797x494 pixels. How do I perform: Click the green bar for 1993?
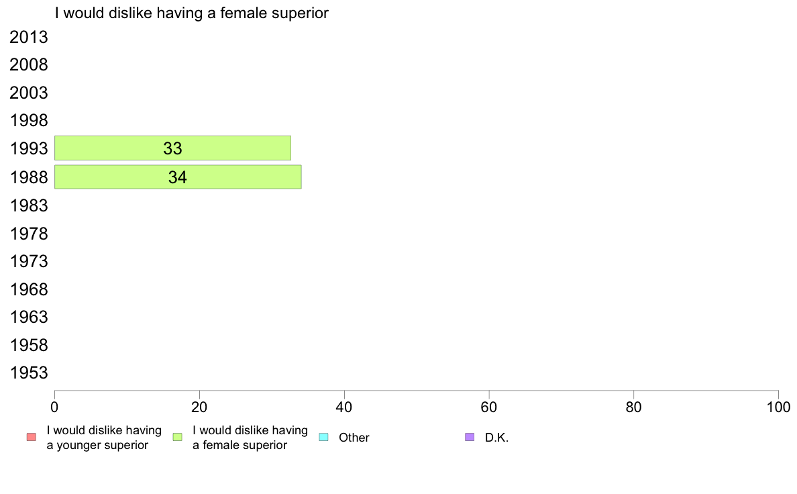(173, 148)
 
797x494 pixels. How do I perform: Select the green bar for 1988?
(178, 177)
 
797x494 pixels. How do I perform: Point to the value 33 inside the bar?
(173, 148)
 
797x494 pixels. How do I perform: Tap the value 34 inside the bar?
(178, 178)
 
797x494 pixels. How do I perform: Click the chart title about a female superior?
(192, 13)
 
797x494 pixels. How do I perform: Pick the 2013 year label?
(28, 37)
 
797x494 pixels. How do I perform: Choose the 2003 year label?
(28, 93)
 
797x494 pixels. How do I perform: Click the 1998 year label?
(28, 121)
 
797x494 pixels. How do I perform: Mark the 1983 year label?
(28, 205)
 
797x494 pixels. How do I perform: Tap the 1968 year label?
(28, 289)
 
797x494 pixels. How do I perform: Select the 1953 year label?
(28, 373)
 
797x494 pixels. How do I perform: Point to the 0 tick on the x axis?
(54, 407)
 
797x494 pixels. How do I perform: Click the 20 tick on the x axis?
(199, 407)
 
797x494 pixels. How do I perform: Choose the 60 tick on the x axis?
(489, 407)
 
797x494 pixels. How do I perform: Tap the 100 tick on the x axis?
(778, 407)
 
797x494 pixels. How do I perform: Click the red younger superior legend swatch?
(32, 437)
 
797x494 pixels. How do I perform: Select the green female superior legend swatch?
(177, 437)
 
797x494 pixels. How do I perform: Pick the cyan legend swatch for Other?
(323, 437)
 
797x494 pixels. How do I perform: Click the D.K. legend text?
(496, 438)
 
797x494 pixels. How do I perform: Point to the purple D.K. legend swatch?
(470, 437)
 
